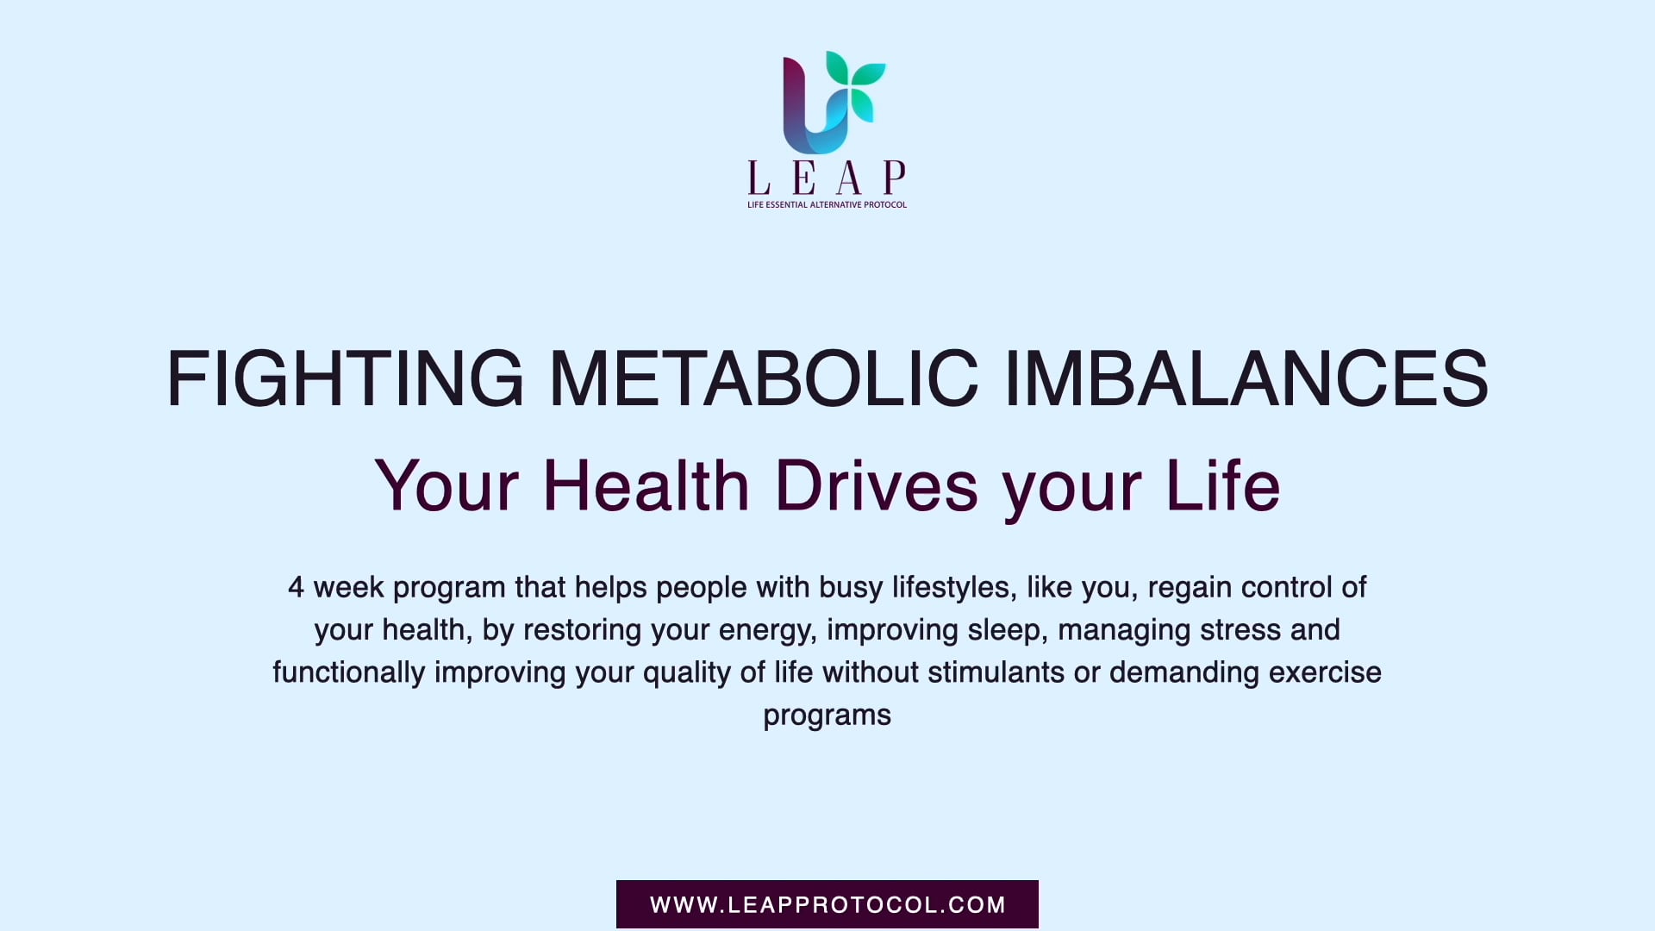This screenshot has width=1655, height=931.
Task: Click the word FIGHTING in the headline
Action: tap(345, 378)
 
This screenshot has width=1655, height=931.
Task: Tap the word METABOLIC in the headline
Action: tap(764, 378)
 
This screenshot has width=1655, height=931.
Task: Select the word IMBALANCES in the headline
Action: tap(1246, 378)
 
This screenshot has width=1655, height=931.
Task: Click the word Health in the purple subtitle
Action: tap(646, 486)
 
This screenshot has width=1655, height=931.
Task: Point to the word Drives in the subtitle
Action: tap(876, 486)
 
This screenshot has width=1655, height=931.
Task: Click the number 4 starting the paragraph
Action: tap(296, 588)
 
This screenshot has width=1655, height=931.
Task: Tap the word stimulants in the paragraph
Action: tap(996, 672)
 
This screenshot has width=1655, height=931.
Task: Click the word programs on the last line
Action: tap(827, 716)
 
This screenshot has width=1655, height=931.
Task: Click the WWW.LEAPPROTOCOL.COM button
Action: tap(827, 904)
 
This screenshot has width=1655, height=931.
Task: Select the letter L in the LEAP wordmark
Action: tap(759, 178)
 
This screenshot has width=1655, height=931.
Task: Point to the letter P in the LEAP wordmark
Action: tap(895, 178)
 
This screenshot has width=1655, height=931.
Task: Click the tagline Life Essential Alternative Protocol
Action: tap(827, 205)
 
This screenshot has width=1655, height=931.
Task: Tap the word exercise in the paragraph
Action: tap(1325, 672)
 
